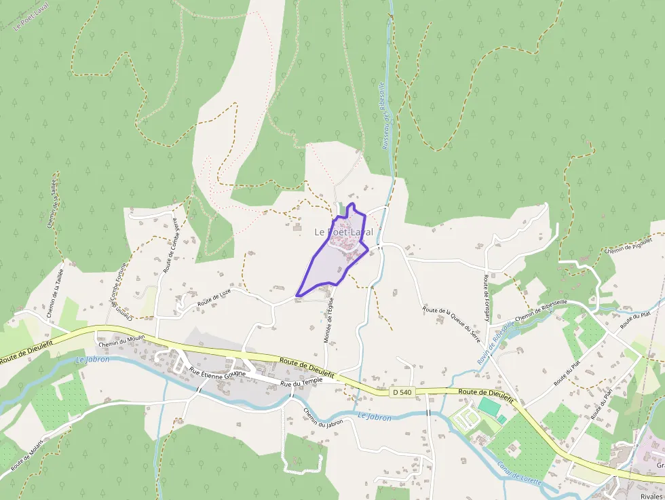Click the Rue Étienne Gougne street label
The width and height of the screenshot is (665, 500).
click(x=218, y=372)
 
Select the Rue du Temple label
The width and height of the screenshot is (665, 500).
click(x=302, y=382)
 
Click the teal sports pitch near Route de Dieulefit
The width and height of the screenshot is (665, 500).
click(x=489, y=407)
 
